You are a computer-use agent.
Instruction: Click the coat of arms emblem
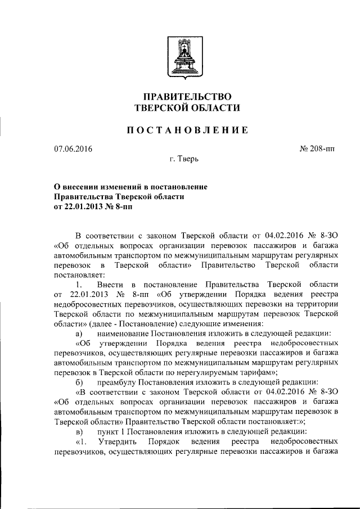point(180,57)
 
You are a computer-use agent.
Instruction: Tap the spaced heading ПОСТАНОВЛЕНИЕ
point(180,130)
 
